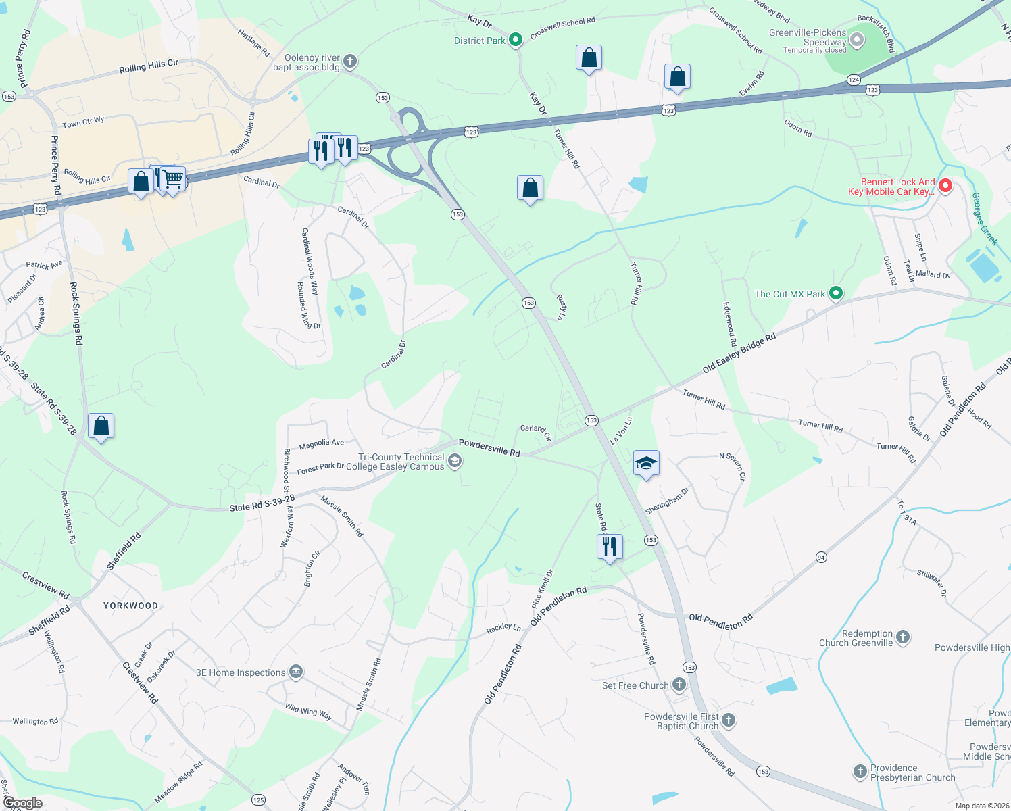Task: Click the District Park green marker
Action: tap(515, 41)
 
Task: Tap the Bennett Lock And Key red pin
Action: tap(945, 185)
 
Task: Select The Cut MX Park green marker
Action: tap(836, 293)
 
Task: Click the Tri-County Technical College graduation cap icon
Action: tap(455, 462)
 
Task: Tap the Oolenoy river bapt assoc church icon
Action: tap(349, 62)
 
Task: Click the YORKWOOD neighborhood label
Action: tap(130, 606)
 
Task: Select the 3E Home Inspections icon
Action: tap(295, 672)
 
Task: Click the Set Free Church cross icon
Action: tap(679, 685)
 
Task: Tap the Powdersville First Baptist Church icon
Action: tap(728, 720)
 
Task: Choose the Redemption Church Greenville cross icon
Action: tap(902, 637)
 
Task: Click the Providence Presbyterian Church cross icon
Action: tap(860, 771)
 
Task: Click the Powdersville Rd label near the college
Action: tap(489, 447)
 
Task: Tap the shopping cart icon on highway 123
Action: tap(173, 179)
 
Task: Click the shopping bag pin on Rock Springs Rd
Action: tap(101, 426)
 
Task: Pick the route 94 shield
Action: tap(821, 558)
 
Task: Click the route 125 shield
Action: tap(258, 800)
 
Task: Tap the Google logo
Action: tap(22, 803)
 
